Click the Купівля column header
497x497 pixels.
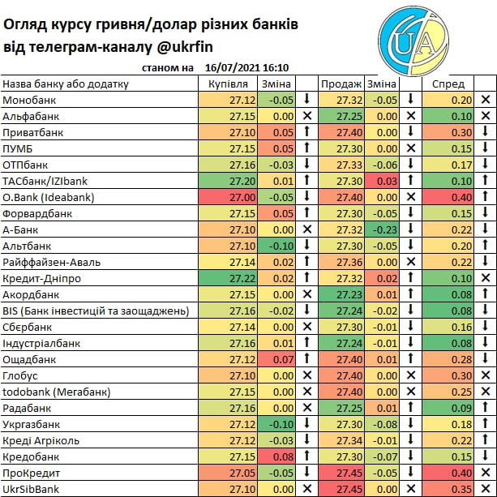(x=228, y=84)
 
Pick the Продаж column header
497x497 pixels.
(x=341, y=84)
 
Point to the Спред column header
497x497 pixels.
(x=448, y=84)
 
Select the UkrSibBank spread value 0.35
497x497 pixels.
(x=461, y=489)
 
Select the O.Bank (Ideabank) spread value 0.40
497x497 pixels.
(x=461, y=197)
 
